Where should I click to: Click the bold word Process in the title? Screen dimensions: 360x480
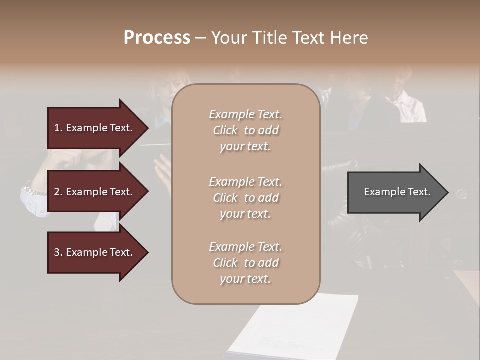(x=157, y=38)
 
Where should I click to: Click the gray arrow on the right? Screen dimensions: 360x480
(x=395, y=192)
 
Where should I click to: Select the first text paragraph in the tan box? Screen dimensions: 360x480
(x=245, y=130)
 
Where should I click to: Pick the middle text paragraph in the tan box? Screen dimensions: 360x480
(x=245, y=198)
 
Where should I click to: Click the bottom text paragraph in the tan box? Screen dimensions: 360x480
(x=245, y=263)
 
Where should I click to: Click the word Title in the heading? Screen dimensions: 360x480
(x=270, y=38)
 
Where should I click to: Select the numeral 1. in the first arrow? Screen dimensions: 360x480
(x=58, y=128)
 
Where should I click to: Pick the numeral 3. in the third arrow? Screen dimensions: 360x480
(x=58, y=252)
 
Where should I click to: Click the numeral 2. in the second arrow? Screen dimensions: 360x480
(x=58, y=192)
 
